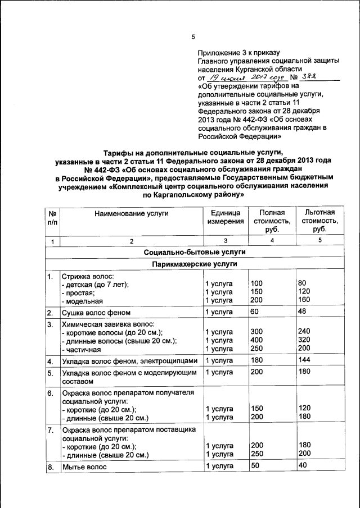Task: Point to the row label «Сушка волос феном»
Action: pos(96,313)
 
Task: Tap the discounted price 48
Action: pos(302,312)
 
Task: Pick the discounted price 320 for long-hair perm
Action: pos(304,340)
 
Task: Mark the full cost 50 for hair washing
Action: pos(255,466)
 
